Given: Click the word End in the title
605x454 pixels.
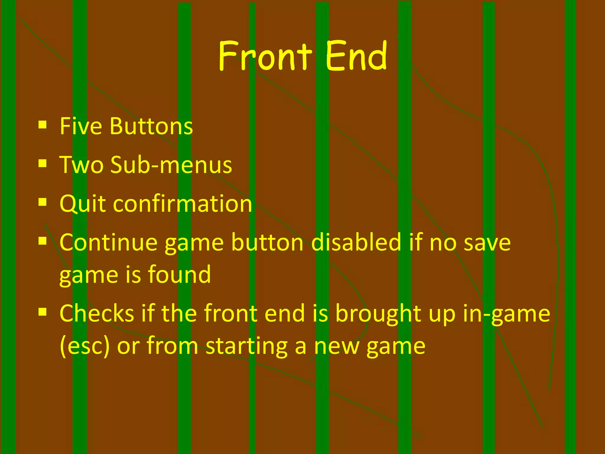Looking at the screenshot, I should [x=356, y=56].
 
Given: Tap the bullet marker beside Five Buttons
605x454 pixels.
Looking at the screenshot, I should [x=43, y=125].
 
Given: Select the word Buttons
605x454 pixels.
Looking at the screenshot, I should [x=151, y=126].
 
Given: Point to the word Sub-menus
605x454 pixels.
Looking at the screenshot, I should [x=171, y=165].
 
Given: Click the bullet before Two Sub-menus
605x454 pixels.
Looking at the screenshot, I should [x=43, y=163].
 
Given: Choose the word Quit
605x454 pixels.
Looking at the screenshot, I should [x=82, y=204].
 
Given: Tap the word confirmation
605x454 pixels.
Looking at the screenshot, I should [x=182, y=204].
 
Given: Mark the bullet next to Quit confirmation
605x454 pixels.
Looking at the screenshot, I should [x=43, y=202].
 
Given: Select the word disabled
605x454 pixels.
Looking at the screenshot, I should [x=356, y=242].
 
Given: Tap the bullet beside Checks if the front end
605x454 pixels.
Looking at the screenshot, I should [x=43, y=312].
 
